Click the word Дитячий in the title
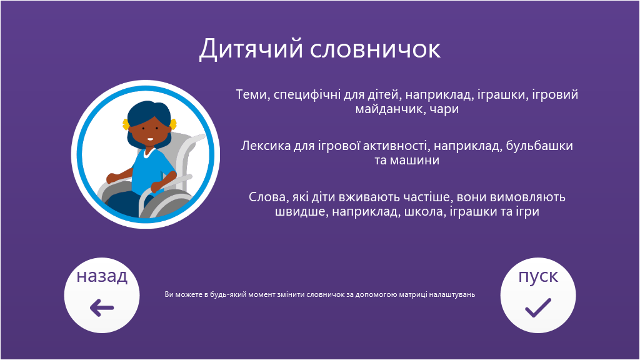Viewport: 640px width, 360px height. coord(251,49)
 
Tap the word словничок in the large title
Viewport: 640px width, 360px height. coord(376,49)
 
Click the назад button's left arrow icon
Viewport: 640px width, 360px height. coord(102,307)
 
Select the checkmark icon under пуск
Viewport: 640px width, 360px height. coord(538,307)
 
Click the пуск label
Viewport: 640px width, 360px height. coord(538,277)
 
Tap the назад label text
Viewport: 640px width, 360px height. coord(102,276)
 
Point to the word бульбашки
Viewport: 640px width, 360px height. coord(539,146)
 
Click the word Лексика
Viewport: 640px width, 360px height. coord(266,146)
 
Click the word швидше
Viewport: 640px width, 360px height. coord(301,212)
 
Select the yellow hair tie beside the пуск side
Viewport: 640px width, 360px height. coord(174,123)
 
